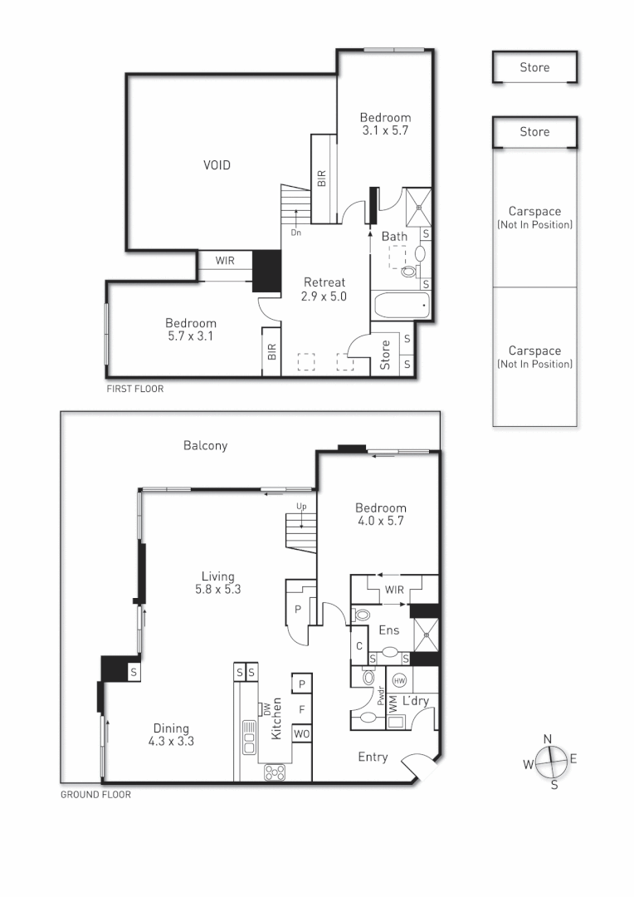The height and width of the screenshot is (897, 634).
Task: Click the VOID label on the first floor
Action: coord(217,165)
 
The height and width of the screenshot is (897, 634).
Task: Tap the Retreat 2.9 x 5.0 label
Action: coord(324,288)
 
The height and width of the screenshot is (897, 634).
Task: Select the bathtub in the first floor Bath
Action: coord(402,306)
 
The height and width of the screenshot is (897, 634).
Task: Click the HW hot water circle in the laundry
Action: coord(399,680)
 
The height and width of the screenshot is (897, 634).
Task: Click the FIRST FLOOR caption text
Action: coord(135,388)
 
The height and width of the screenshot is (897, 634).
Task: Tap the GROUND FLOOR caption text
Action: coord(95,794)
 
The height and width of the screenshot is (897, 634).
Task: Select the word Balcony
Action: coord(205,445)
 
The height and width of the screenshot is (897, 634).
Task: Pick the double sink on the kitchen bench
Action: coord(248,737)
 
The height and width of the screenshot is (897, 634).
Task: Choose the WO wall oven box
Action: coord(301,735)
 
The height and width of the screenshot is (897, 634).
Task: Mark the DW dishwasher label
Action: coord(265,708)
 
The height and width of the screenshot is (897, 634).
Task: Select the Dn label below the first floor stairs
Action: coord(295,233)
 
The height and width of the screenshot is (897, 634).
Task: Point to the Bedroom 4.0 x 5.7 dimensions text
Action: coord(381,521)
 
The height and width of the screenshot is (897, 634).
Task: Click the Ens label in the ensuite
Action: coord(388,630)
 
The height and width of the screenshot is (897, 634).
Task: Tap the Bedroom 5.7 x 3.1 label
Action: coord(190,329)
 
